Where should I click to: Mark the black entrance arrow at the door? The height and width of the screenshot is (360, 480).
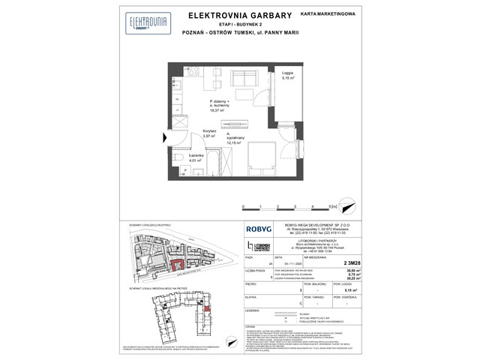tap(165, 136)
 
